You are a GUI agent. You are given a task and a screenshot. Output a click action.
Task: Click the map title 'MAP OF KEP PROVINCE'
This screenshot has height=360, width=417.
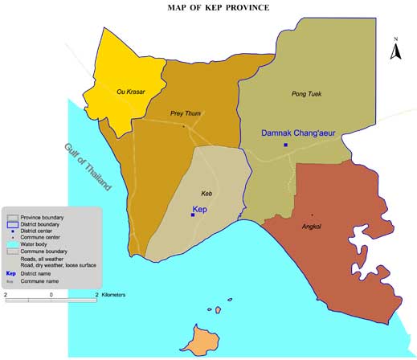click(x=218, y=8)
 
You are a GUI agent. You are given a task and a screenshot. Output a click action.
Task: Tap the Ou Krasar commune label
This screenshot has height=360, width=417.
click(x=129, y=92)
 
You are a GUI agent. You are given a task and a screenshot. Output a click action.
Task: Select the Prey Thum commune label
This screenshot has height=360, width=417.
click(x=185, y=113)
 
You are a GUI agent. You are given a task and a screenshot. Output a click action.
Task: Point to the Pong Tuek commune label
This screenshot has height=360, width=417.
click(x=305, y=94)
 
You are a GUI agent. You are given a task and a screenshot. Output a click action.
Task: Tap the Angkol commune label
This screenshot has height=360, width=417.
click(x=311, y=226)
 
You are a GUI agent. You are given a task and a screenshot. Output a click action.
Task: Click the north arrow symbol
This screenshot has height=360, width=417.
click(x=395, y=51)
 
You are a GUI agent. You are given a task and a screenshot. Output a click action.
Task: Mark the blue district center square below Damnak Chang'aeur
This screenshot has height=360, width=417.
click(x=286, y=145)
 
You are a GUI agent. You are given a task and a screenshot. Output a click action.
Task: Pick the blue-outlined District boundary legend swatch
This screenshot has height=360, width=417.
click(x=12, y=224)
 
